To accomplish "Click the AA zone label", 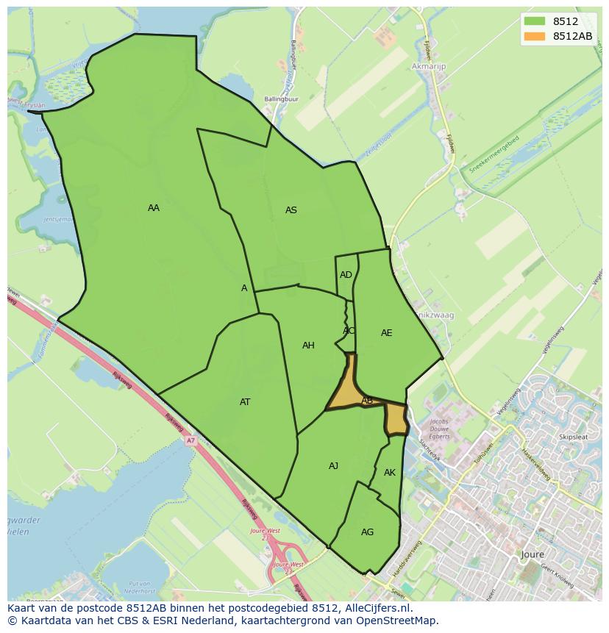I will tap(153, 208).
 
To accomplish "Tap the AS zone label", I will tap(291, 210).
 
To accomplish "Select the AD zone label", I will tap(346, 275).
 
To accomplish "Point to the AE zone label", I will tap(386, 333).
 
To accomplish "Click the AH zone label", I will tap(308, 346).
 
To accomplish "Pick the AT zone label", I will tap(245, 402).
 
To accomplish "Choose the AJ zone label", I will tap(333, 466).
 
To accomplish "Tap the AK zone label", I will tap(389, 473).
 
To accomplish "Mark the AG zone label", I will tap(367, 532).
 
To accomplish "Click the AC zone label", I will tap(349, 331).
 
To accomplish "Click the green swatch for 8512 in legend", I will tap(535, 22).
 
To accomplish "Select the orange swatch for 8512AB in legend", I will tap(535, 36).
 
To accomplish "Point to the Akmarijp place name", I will tap(430, 66).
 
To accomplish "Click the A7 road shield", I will tap(190, 440).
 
